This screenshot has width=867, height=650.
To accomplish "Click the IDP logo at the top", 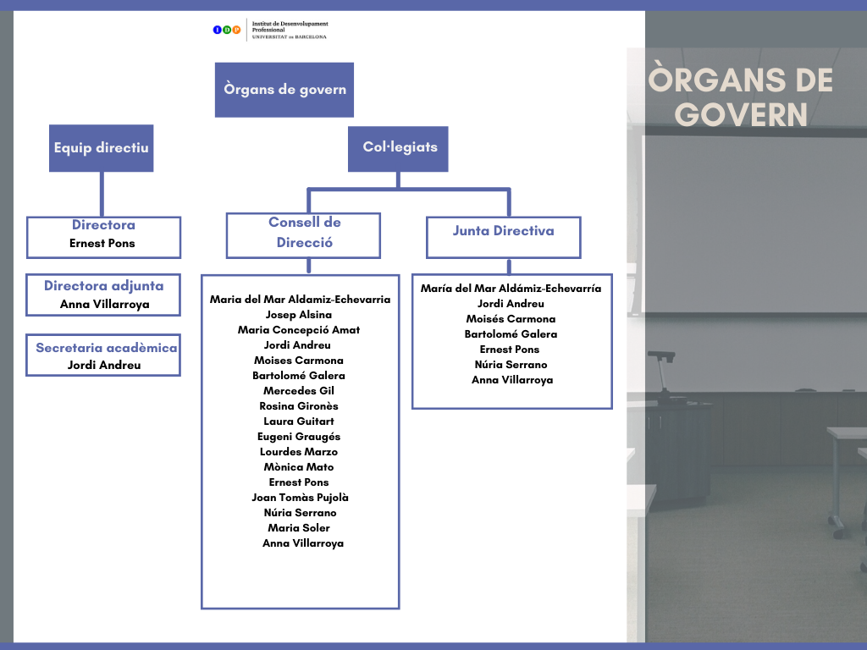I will tap(227, 30).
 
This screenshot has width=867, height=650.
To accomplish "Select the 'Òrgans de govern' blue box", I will tap(284, 90).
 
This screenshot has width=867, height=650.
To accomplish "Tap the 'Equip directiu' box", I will tap(102, 148).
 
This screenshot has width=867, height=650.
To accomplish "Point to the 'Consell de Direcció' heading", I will tap(304, 233).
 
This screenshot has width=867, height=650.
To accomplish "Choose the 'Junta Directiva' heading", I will tap(503, 231).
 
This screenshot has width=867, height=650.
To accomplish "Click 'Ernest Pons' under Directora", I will tap(102, 244).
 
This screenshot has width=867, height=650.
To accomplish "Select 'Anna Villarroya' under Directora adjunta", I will tap(104, 305).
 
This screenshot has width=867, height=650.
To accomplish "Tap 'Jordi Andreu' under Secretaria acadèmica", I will tap(104, 366).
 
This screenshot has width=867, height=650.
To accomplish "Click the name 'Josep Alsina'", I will tap(299, 315).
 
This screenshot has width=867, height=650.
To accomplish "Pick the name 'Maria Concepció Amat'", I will tap(299, 330).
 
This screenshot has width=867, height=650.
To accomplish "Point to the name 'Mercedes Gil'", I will tap(299, 391).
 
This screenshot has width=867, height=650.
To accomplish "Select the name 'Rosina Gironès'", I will tap(299, 406).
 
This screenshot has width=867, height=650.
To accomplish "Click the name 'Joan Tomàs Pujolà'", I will tap(300, 498).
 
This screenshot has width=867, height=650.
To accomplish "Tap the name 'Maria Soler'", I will tap(299, 528).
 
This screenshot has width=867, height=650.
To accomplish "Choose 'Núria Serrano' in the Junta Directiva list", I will tap(511, 365).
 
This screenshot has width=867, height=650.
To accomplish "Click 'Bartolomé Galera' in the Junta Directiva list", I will tap(511, 334).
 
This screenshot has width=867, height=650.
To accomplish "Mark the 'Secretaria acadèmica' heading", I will tap(107, 348).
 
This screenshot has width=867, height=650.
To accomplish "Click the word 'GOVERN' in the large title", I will tap(743, 114).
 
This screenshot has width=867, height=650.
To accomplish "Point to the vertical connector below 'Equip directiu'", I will tap(102, 194).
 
